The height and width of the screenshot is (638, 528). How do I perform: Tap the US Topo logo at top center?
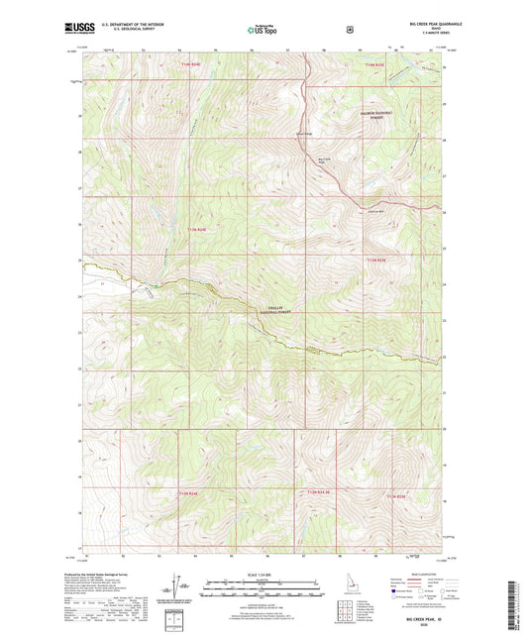263,31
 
